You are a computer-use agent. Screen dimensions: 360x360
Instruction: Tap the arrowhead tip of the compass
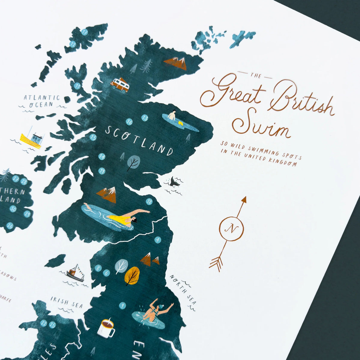click(x=244, y=199)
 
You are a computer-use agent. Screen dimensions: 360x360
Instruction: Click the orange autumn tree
click(x=132, y=276)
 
